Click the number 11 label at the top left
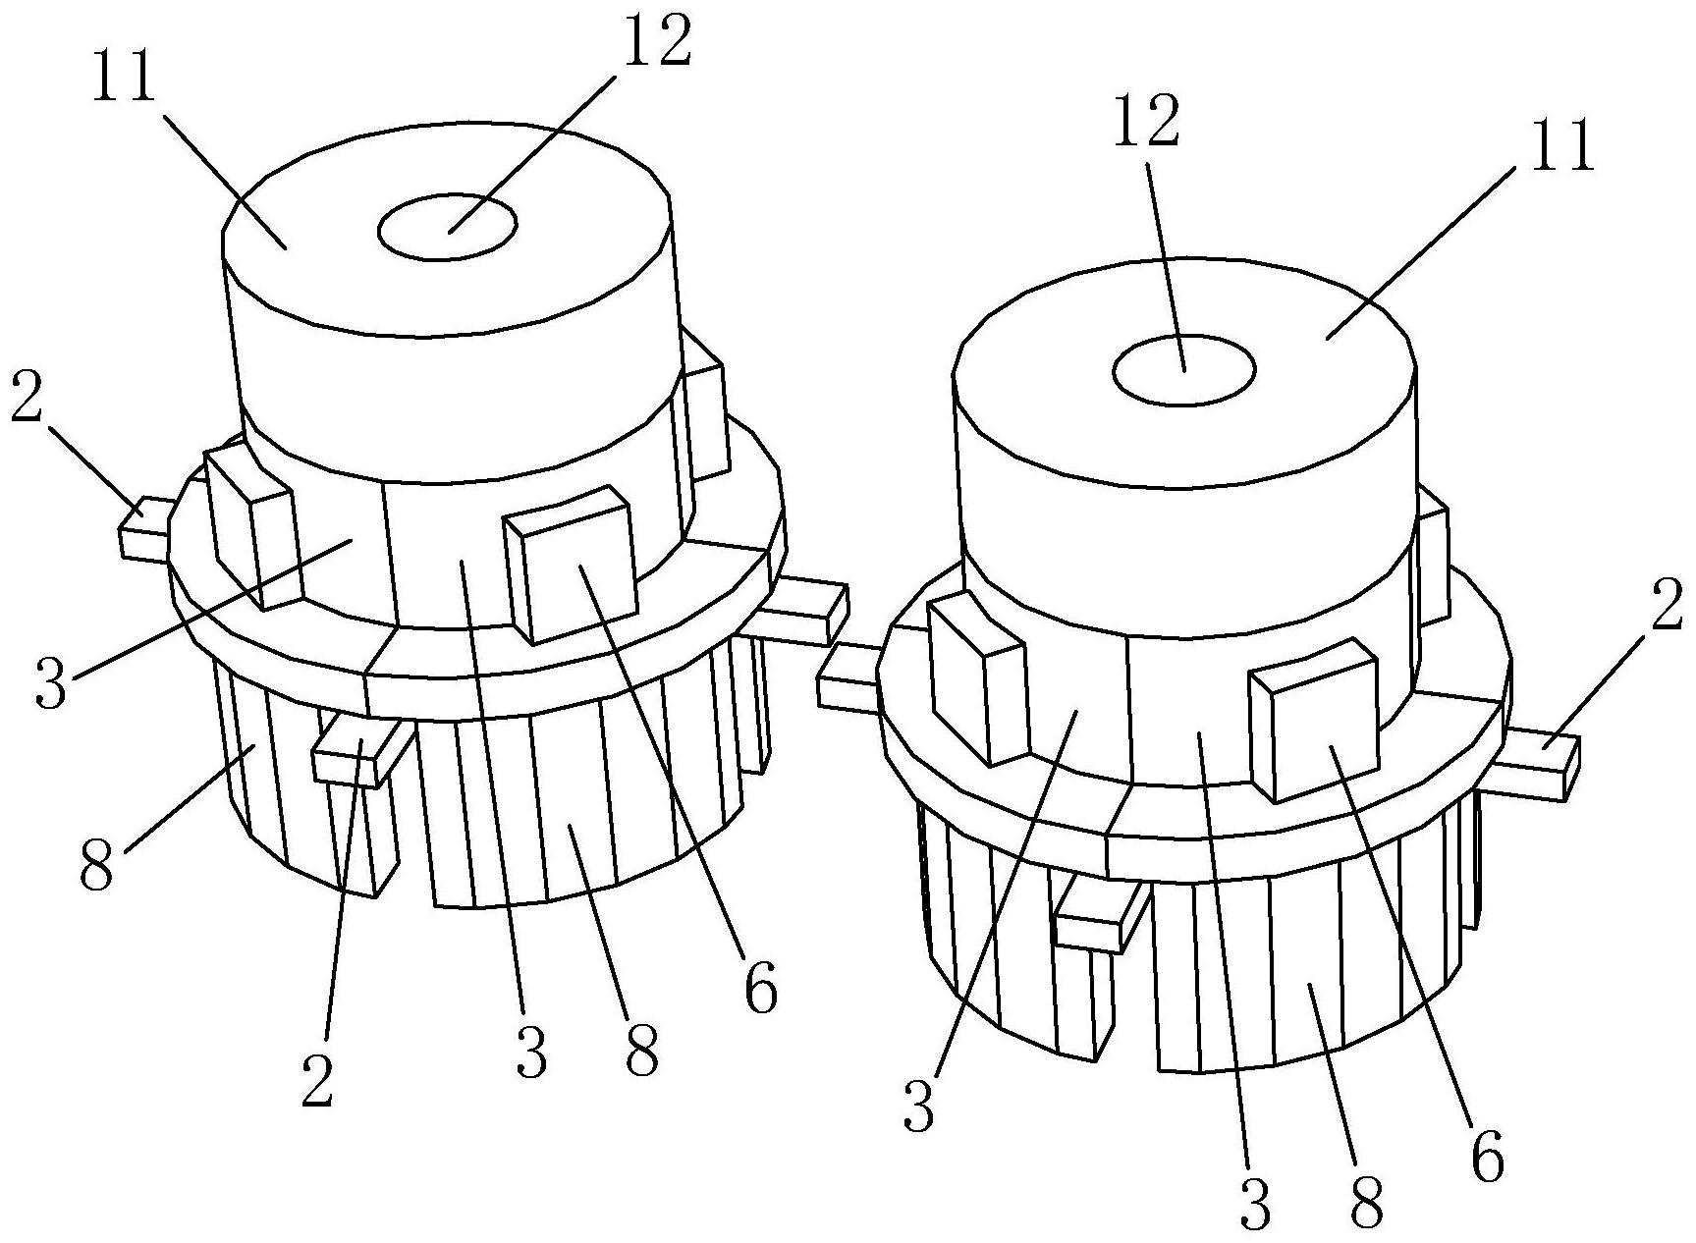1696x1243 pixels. [x=125, y=77]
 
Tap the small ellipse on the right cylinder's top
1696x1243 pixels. [x=1183, y=369]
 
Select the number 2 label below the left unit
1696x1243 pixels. [x=317, y=1080]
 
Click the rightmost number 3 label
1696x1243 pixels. [x=1254, y=1204]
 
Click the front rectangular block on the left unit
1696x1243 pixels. [x=570, y=564]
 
